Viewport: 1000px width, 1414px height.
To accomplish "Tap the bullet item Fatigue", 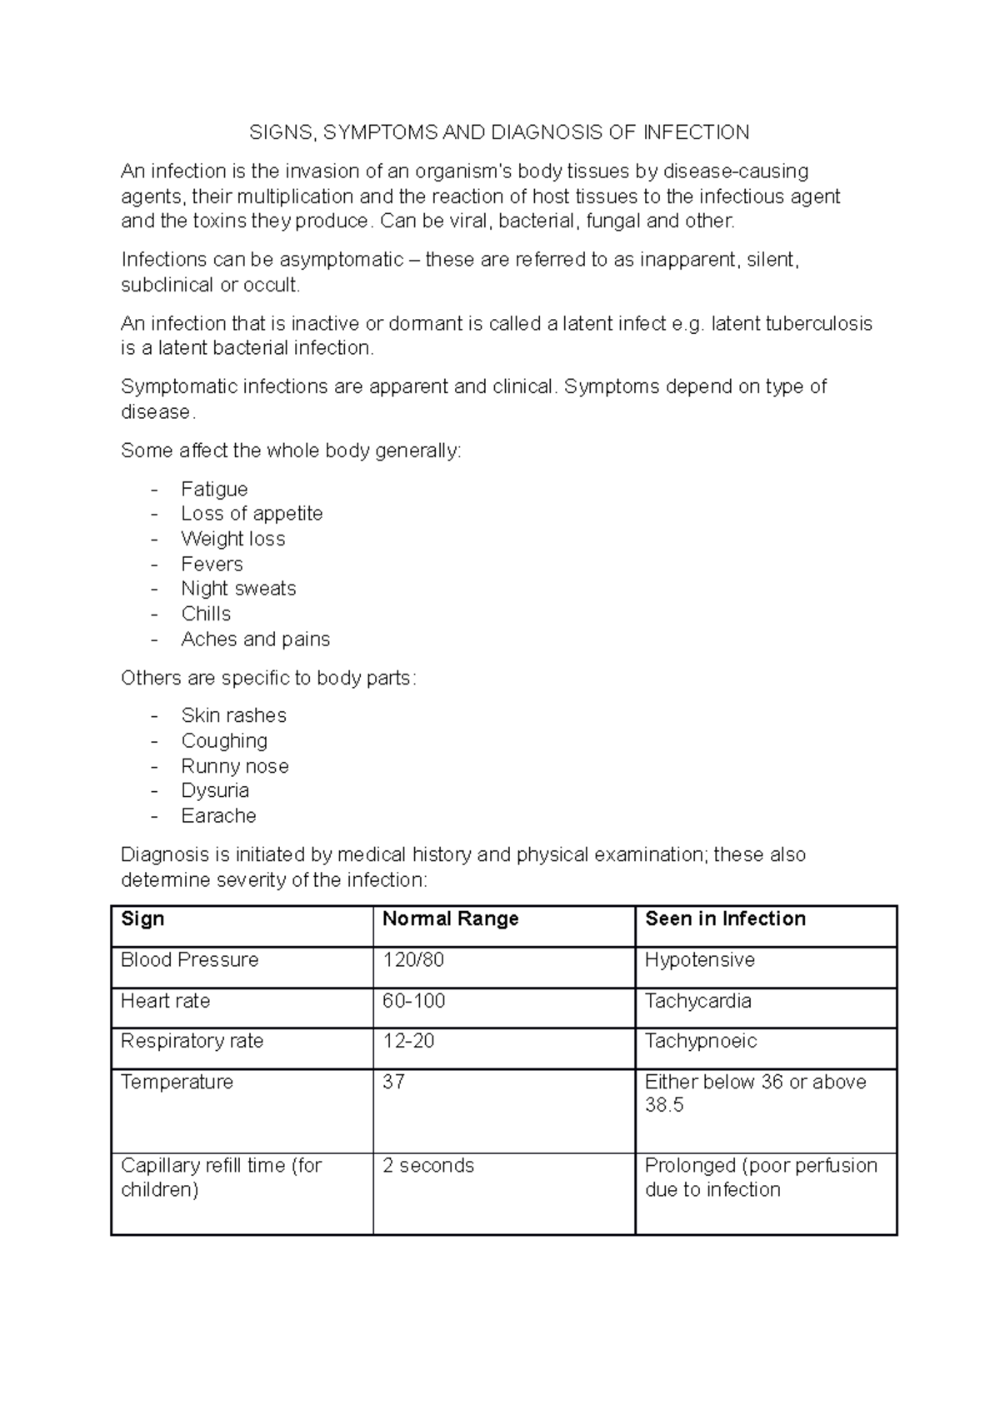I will click(x=214, y=489).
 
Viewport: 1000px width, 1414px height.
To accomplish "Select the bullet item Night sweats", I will click(x=238, y=589).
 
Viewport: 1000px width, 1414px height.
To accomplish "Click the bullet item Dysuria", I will click(x=215, y=790).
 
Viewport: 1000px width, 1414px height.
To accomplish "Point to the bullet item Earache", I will click(x=218, y=816).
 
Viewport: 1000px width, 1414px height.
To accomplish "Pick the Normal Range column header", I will click(x=450, y=919).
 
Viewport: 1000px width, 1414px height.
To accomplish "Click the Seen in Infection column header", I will click(x=725, y=919).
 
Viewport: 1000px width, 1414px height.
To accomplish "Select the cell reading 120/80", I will click(x=413, y=960).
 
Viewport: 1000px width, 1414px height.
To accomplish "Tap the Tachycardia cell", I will click(x=697, y=1001).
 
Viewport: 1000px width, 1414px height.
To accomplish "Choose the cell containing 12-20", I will click(x=408, y=1041).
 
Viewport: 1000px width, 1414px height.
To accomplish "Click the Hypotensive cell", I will click(x=699, y=960).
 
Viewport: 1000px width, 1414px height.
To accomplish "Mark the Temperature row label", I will click(x=177, y=1082).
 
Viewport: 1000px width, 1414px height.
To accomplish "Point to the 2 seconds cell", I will click(x=427, y=1165).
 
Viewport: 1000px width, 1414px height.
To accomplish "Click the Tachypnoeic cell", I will click(x=700, y=1041).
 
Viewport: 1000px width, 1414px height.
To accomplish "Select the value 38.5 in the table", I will click(x=663, y=1106).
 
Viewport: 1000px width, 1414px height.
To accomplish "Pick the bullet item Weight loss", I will click(x=232, y=539).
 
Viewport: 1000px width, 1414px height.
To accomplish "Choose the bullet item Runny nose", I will click(x=235, y=766).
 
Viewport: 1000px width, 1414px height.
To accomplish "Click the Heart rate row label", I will click(x=165, y=1001).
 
